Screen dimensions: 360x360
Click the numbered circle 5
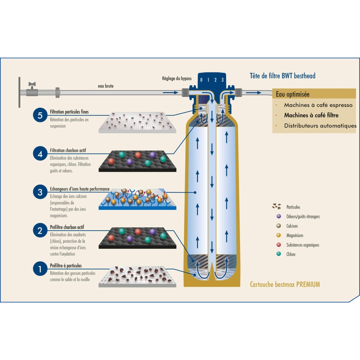pos(40,115)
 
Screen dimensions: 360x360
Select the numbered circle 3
pos(40,192)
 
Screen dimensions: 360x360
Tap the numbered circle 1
pos(40,269)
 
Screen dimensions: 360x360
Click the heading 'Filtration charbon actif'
pos(68,151)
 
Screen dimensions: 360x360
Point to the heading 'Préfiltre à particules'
pos(66,266)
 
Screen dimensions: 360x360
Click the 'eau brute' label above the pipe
pos(106,86)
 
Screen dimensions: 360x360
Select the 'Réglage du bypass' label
pos(177,79)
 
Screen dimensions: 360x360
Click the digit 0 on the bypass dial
pos(201,80)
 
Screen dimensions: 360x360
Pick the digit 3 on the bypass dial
pos(223,80)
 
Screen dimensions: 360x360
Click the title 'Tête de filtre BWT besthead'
pos(282,76)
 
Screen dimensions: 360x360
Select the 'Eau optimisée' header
pos(293,94)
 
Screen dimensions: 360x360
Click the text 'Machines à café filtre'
pos(311,115)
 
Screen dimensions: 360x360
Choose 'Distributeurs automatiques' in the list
pos(320,126)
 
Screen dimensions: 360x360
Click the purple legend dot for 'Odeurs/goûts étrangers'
pos(279,216)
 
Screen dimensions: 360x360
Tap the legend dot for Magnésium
pos(279,235)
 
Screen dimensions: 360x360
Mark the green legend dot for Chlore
pos(279,254)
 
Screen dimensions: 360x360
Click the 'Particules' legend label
pos(293,207)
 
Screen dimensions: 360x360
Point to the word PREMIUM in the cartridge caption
pos(308,284)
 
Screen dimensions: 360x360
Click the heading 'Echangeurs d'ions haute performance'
pos(80,189)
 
